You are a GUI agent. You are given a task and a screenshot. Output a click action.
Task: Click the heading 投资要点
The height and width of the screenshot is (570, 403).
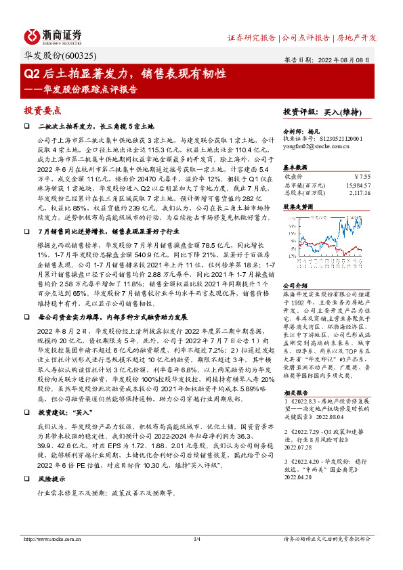(43, 109)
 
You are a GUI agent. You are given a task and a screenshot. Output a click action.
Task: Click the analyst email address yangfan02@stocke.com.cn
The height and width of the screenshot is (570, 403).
(311, 145)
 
